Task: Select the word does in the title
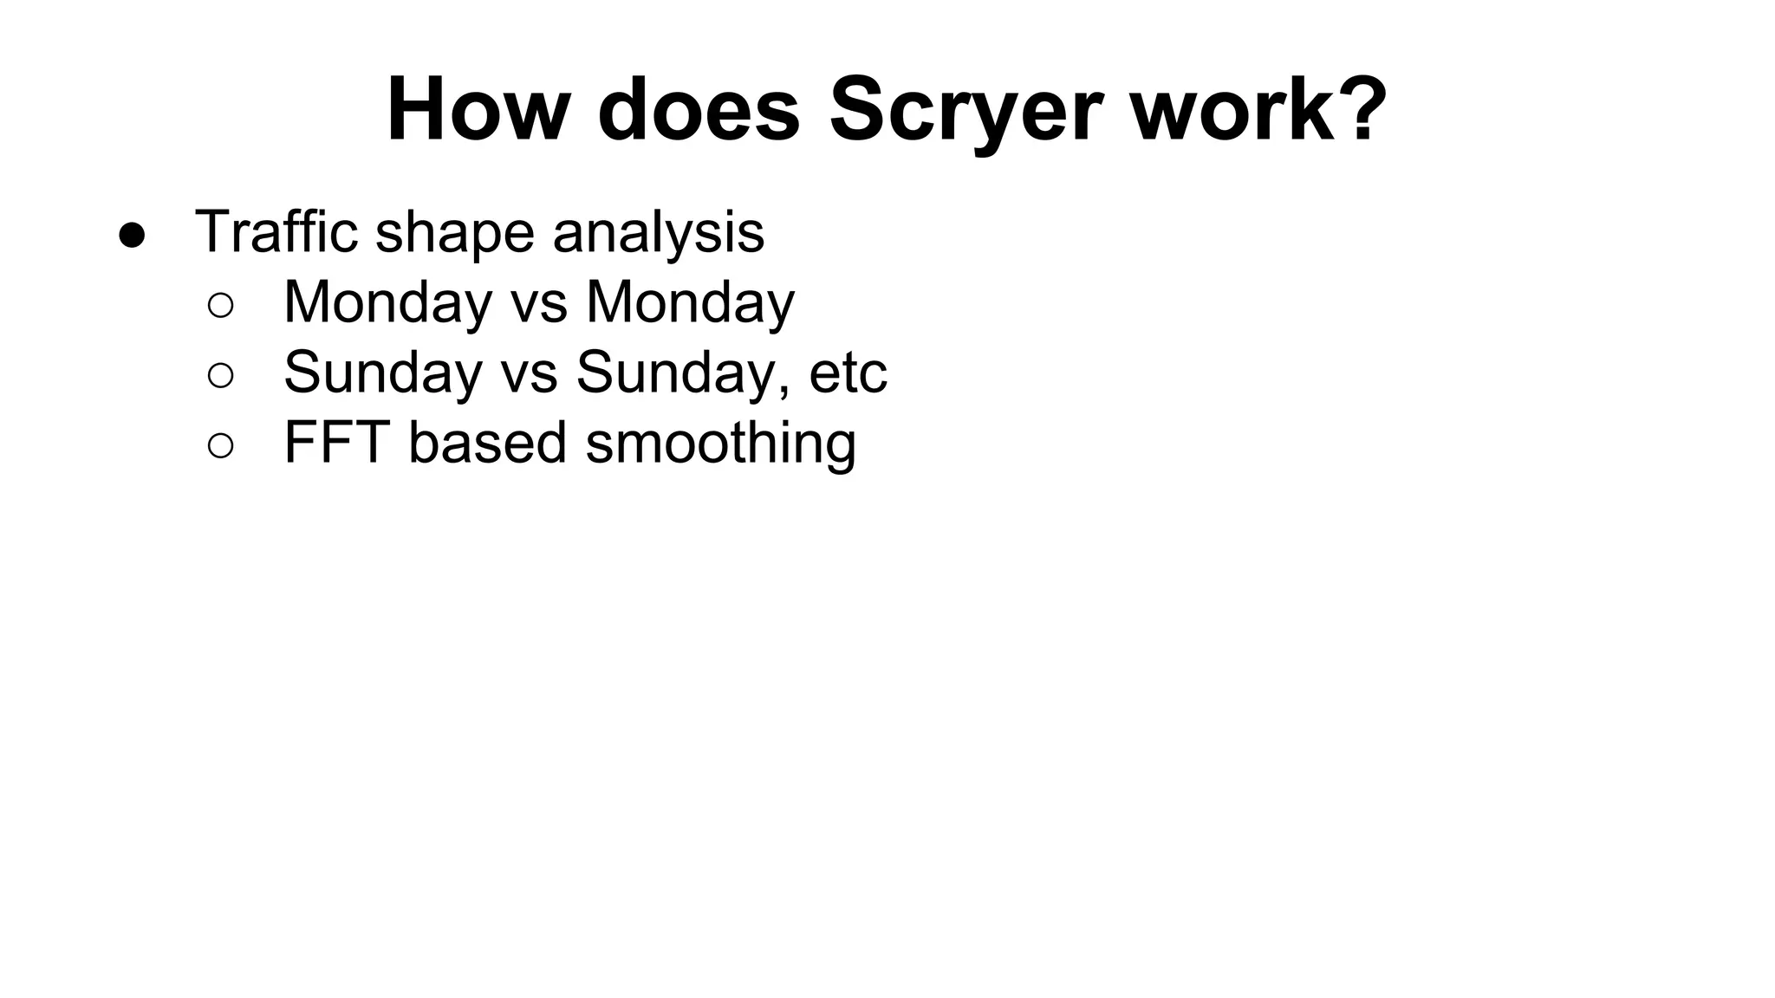(x=698, y=110)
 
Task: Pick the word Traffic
(x=276, y=231)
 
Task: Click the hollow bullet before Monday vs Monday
(x=220, y=305)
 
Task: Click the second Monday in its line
(x=690, y=302)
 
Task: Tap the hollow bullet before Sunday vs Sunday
(x=220, y=375)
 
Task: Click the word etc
(x=848, y=373)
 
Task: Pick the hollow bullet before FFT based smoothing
(x=220, y=445)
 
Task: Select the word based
(x=488, y=443)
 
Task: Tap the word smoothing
(x=721, y=444)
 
